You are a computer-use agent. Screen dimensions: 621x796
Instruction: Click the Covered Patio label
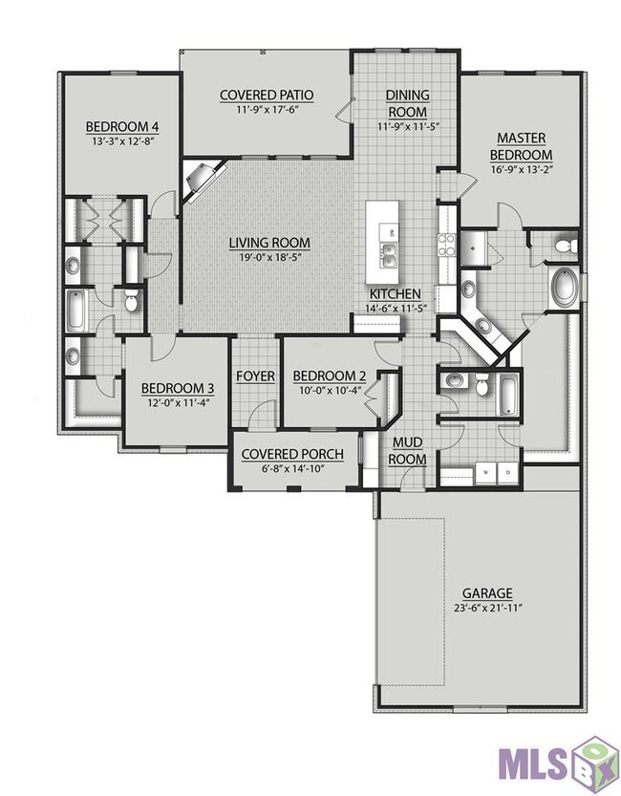pos(267,95)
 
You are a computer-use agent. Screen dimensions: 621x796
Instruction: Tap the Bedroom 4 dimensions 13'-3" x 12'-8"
pos(122,141)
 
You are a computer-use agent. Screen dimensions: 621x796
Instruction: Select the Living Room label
pos(269,243)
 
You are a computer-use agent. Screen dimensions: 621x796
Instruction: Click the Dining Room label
pos(407,103)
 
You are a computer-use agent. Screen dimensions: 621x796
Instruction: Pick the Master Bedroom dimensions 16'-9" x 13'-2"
pos(521,169)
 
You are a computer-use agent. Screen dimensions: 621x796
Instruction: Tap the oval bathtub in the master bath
pos(565,288)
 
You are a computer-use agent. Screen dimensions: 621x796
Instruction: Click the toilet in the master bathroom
pos(566,247)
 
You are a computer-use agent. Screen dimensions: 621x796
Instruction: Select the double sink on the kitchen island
pos(389,255)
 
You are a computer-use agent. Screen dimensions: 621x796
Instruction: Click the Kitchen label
pos(395,294)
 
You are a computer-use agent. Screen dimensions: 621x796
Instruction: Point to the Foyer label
pos(256,376)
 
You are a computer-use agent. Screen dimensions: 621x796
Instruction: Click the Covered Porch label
pos(292,454)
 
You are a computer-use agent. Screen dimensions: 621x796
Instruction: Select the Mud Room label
pos(407,451)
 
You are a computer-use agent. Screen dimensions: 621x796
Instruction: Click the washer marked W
pos(485,472)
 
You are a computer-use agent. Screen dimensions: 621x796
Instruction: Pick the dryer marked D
pos(508,472)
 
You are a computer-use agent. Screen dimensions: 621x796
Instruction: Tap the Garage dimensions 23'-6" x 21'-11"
pos(487,608)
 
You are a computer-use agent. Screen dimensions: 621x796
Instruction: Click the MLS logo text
pos(533,763)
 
